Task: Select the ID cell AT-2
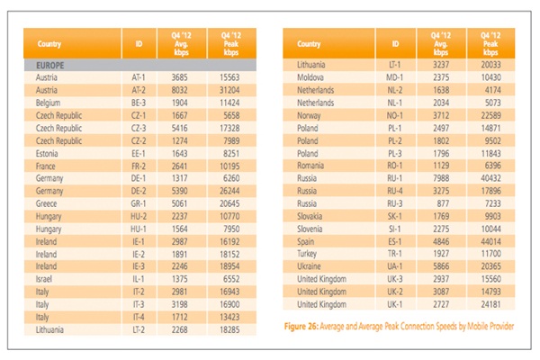[139, 90]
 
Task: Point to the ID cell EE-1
[139, 153]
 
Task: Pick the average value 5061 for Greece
[181, 203]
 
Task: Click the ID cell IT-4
[139, 317]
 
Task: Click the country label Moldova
[312, 78]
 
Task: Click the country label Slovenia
[312, 229]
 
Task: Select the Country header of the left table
[49, 43]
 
